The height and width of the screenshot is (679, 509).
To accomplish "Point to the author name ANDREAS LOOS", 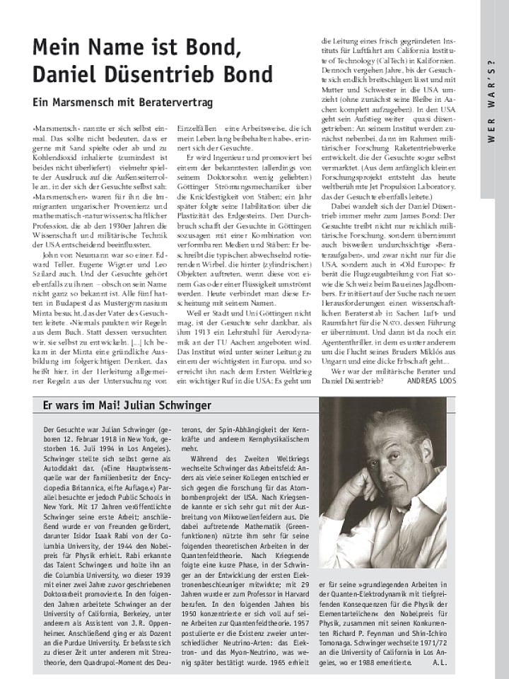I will pos(432,380).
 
